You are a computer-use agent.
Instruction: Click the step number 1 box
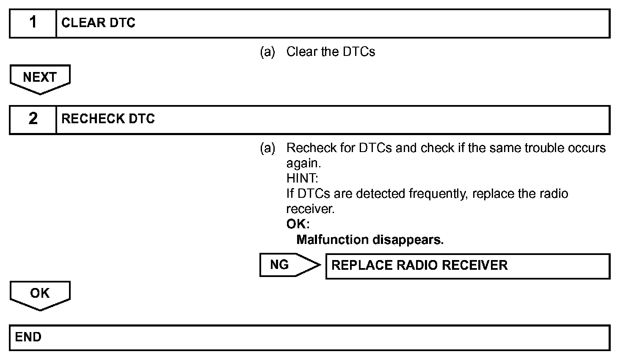click(33, 23)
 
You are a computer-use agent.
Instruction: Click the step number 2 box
click(33, 119)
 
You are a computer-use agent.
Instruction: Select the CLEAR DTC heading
click(98, 23)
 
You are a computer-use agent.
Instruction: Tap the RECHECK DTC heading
click(108, 119)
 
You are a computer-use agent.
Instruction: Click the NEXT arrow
click(40, 78)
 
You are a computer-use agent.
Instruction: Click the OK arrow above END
click(40, 294)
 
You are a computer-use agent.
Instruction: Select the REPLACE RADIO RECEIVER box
click(467, 266)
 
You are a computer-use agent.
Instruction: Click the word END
click(28, 337)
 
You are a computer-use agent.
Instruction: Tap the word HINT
click(302, 178)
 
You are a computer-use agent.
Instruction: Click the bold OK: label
click(298, 224)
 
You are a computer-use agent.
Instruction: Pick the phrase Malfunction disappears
click(370, 240)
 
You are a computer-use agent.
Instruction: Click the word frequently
click(438, 194)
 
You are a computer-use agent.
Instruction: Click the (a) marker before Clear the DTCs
click(267, 52)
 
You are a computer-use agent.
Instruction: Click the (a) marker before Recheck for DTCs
click(267, 148)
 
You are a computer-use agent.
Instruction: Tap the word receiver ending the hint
click(310, 209)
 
